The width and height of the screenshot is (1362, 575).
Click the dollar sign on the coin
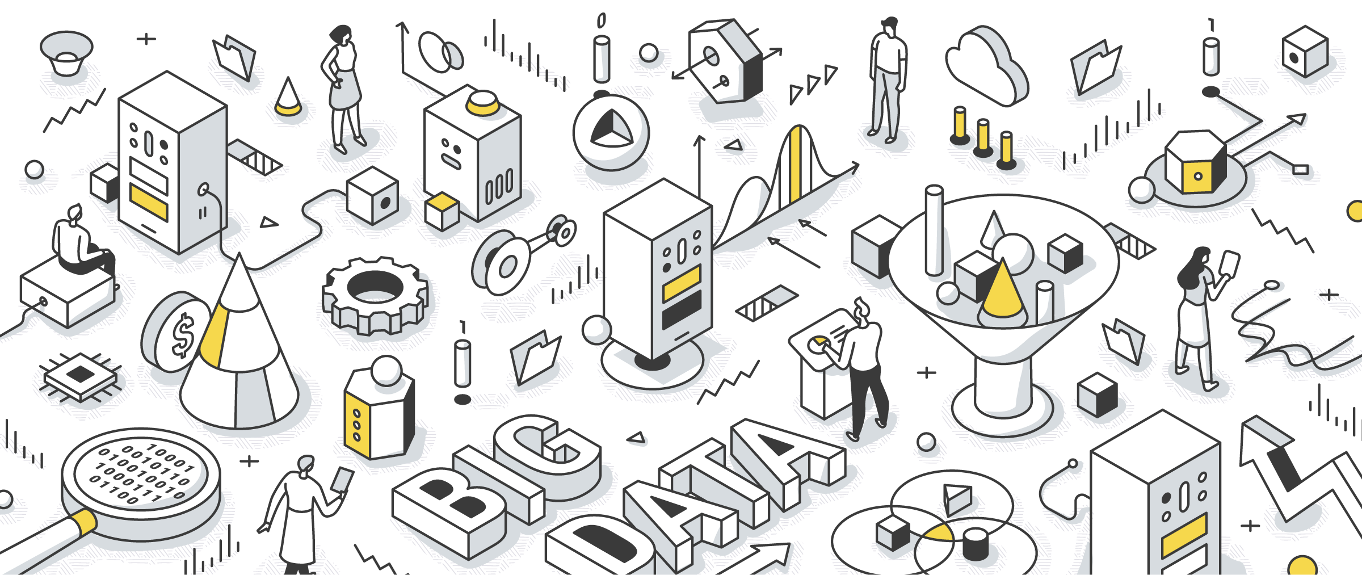pos(183,337)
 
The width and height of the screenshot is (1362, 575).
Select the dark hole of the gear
pos(375,287)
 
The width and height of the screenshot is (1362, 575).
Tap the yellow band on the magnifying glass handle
pos(84,521)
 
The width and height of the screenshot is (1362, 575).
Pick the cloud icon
pos(987,65)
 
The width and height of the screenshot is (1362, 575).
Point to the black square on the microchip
pos(80,374)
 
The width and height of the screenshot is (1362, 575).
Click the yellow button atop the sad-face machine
pos(482,102)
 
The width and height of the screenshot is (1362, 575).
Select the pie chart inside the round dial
pos(611,129)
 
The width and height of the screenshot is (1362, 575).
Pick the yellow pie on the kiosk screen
pos(818,345)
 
